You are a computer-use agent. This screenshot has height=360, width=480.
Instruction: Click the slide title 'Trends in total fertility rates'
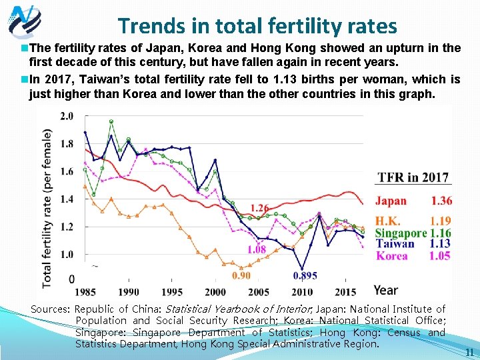[257, 25]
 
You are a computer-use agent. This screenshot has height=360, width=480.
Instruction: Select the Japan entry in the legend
[391, 201]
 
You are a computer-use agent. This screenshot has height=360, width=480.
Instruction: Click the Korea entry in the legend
[392, 255]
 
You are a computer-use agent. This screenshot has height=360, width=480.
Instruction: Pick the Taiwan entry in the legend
[395, 244]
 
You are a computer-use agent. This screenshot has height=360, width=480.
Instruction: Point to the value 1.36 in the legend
[441, 201]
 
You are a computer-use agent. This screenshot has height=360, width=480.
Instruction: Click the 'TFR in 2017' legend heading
[413, 177]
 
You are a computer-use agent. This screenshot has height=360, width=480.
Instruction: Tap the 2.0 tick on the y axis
[67, 117]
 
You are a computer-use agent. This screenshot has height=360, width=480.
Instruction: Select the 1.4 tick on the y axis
[67, 199]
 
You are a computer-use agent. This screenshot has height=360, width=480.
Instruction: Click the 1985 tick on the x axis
[85, 292]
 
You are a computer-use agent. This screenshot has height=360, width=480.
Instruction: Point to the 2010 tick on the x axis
[302, 292]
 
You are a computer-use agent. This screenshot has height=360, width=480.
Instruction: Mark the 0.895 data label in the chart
[305, 275]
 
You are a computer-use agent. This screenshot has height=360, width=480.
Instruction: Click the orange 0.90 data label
[241, 275]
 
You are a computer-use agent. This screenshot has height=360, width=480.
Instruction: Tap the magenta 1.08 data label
[256, 250]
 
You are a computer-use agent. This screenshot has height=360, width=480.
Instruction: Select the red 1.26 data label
[260, 208]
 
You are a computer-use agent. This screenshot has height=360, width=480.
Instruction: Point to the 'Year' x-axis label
[385, 290]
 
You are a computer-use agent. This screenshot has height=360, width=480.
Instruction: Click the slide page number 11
[469, 352]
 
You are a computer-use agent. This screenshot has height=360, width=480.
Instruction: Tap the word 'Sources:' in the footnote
[50, 309]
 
